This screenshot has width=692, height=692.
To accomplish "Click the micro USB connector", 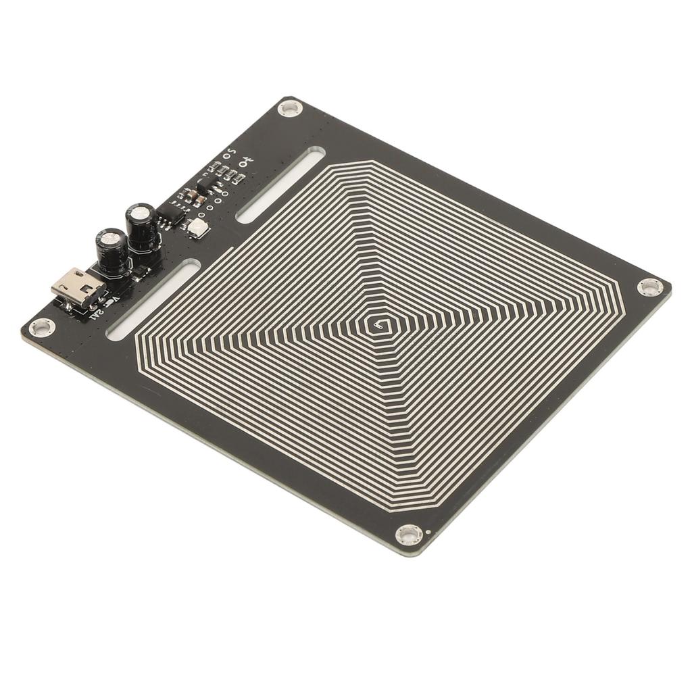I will click(78, 287).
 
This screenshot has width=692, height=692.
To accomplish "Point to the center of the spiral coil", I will click(378, 326).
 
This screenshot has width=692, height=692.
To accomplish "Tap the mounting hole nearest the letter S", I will click(290, 107).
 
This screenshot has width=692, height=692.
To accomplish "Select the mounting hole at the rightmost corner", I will click(649, 287).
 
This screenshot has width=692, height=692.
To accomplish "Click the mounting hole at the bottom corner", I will click(409, 535).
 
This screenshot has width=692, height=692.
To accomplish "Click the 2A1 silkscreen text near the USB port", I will click(97, 312).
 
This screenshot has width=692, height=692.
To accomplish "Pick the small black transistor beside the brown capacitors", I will click(205, 182).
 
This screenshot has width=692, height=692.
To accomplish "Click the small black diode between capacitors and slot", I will click(140, 272).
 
